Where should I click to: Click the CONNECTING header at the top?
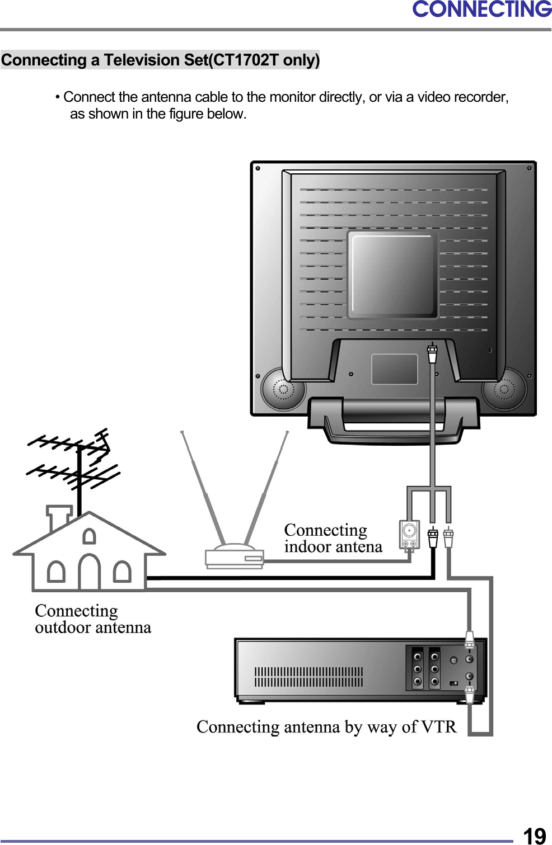[x=481, y=10]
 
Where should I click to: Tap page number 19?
[x=534, y=835]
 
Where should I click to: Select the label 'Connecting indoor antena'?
[x=333, y=538]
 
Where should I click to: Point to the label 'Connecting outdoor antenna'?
[x=92, y=619]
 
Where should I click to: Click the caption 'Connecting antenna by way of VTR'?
[x=326, y=726]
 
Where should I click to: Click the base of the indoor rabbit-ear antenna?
[x=234, y=557]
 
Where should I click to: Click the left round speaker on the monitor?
[x=282, y=389]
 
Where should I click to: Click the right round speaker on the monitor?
[x=504, y=389]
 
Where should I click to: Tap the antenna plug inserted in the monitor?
[x=432, y=354]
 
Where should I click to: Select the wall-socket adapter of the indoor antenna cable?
[x=409, y=535]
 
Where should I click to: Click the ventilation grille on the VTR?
[x=308, y=677]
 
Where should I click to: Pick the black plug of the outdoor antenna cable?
[x=433, y=537]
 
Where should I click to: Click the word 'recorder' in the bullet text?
[x=481, y=97]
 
